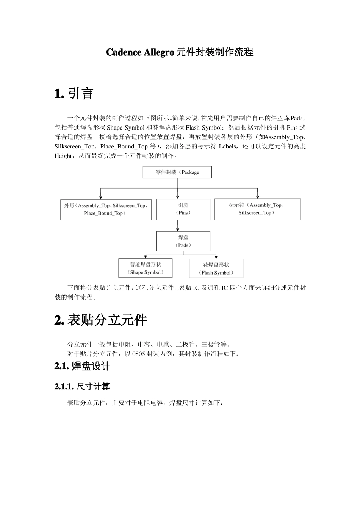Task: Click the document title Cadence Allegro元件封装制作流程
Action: coord(180,52)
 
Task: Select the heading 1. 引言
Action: coord(74,93)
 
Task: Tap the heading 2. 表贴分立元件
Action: coord(100,320)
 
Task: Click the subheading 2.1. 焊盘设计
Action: coord(82,366)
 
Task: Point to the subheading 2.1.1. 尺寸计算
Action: coord(82,386)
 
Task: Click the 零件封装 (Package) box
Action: coord(177,172)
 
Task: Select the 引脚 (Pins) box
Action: coord(183,209)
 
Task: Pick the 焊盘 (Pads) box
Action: coord(183,241)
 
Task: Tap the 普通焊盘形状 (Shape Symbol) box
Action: coord(146,268)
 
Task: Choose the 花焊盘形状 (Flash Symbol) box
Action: coord(216,269)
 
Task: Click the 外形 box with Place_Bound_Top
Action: coord(106,209)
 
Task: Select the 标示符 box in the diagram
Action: coord(257,209)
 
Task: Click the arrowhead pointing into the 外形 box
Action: coord(100,197)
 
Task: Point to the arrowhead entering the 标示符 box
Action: coord(258,197)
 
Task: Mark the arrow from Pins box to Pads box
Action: coord(178,226)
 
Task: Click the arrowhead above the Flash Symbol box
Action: coord(216,257)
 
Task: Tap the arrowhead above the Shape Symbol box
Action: coord(146,256)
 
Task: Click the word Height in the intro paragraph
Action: coord(63,156)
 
